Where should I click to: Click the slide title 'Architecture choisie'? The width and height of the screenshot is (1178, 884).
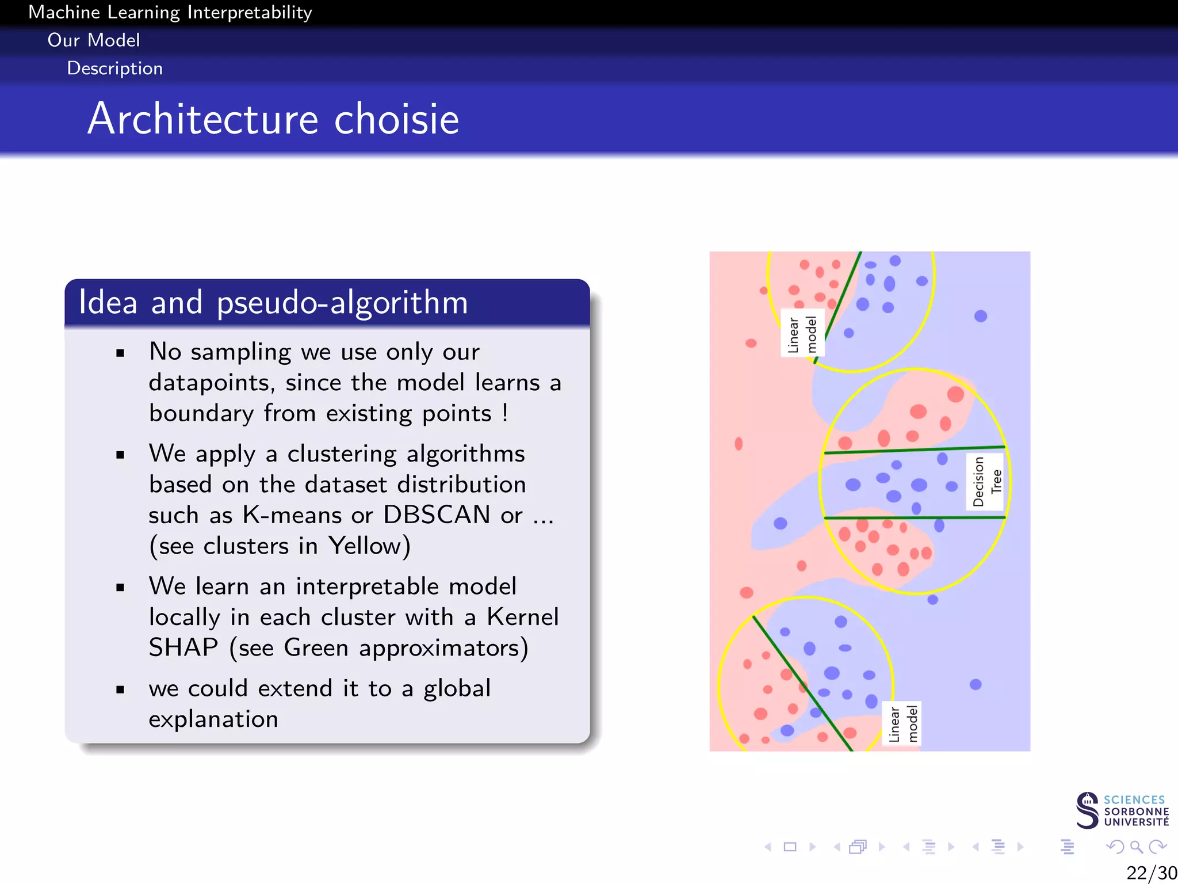click(273, 119)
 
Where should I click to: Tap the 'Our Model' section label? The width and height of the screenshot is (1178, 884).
click(94, 40)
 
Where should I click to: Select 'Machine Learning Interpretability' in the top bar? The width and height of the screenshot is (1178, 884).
click(170, 12)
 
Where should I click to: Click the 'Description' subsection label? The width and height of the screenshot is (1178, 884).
click(115, 68)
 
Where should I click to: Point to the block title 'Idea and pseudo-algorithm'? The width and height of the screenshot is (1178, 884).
click(273, 302)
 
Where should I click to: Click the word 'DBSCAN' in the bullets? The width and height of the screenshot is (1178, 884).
click(437, 515)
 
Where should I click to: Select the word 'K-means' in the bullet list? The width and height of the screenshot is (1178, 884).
click(292, 515)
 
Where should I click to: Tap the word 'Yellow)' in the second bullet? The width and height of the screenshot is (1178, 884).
click(369, 546)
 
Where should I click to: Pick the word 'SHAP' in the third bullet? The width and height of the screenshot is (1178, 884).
click(183, 647)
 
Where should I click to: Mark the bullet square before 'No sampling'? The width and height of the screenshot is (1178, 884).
click(120, 353)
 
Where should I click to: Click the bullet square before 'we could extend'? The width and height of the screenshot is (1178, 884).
click(120, 689)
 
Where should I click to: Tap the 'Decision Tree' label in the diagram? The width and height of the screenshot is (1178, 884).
click(987, 481)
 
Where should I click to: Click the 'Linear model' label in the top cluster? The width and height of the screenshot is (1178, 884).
click(802, 334)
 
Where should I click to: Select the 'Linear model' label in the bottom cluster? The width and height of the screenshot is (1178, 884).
click(903, 724)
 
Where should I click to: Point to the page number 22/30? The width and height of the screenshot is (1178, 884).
click(1151, 872)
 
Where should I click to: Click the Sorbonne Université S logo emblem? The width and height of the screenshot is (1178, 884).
click(1087, 810)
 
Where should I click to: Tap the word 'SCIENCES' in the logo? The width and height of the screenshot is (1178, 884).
click(1134, 799)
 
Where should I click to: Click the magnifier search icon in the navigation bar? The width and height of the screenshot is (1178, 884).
click(1136, 847)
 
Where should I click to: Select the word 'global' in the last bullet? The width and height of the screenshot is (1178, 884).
click(457, 688)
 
